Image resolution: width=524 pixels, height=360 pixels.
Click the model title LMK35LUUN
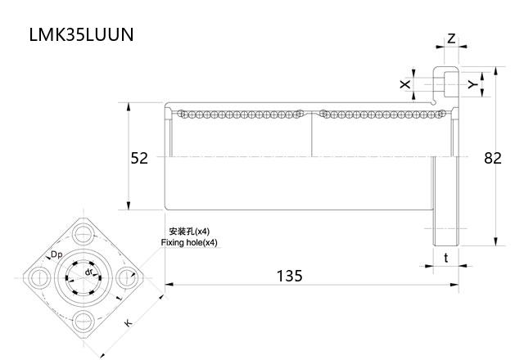80,35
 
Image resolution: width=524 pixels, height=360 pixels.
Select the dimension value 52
139,158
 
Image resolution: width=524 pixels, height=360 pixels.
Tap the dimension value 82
491,158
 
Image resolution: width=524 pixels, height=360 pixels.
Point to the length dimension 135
288,276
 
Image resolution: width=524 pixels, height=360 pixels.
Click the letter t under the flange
445,258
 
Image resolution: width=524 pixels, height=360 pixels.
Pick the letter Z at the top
451,38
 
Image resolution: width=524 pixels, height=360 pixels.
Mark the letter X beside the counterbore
404,84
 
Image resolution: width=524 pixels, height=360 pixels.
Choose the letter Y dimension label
471,84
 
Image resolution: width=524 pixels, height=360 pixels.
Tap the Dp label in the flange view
56,256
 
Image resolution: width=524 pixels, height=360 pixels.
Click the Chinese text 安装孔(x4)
188,232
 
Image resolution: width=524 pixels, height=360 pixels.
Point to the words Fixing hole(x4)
190,243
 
